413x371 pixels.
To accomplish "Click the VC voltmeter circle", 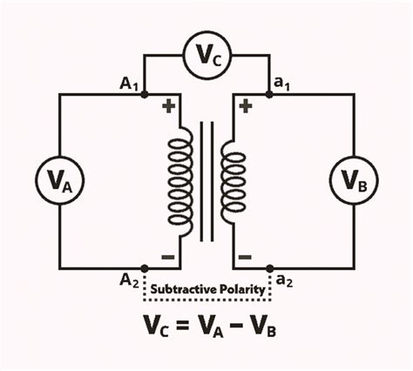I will point(206,57).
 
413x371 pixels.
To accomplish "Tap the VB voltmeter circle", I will point(354,180).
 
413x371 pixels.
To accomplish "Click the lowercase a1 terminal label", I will point(282,83).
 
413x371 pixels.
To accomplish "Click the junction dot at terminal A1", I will point(144,94).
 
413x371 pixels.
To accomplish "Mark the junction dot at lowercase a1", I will point(268,94).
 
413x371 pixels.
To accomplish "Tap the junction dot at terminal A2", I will point(144,268).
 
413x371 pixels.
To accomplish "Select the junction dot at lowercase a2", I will point(268,268).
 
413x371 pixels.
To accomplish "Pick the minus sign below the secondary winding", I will point(245,256).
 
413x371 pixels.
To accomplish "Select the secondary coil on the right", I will point(231,181).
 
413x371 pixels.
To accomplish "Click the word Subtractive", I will point(183,288).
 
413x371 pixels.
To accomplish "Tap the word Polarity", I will point(239,288).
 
